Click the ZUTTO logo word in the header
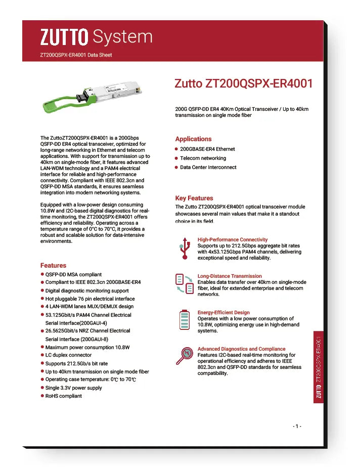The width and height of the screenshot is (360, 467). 64,36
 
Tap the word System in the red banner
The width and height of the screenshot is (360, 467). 123,36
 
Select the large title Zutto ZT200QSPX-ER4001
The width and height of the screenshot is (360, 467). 243,83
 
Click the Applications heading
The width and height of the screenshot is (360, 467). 193,139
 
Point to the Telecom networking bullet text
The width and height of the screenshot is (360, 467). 203,158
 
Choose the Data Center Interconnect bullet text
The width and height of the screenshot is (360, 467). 208,167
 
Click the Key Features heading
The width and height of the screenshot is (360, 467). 194,198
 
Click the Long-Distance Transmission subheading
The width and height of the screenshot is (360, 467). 230,276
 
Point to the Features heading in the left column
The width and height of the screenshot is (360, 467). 53,265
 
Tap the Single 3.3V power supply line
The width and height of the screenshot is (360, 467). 73,388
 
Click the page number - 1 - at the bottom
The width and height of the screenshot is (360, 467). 297,426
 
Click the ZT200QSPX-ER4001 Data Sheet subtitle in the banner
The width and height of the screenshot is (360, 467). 76,55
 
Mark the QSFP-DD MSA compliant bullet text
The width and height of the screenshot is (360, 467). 73,274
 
